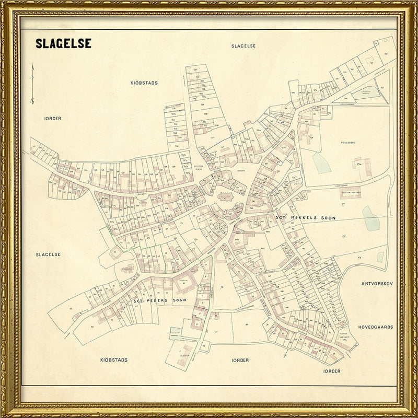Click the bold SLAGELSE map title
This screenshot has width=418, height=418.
63,43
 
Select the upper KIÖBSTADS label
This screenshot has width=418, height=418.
144,83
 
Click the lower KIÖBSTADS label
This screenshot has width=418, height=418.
114,360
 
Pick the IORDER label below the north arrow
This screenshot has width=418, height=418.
53,119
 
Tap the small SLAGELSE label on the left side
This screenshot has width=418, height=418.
49,254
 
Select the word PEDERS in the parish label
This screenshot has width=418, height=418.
159,301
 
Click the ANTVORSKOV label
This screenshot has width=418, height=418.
377,284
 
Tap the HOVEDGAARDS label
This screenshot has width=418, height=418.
375,327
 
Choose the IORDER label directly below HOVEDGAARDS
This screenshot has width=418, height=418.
332,371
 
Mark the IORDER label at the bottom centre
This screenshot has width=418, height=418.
240,360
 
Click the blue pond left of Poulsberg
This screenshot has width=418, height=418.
321,162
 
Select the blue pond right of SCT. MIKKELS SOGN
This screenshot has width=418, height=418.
370,218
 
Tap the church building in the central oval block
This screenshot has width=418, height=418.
225,197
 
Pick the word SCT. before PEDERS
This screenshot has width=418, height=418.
139,301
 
